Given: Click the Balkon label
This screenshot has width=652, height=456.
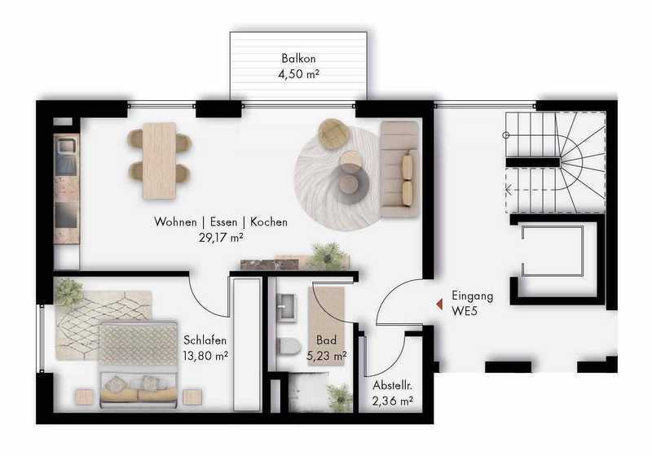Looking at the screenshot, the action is (298, 58).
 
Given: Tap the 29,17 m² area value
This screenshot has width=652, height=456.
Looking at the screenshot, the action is (221, 238).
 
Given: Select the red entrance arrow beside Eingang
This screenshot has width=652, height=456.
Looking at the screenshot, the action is (439, 305).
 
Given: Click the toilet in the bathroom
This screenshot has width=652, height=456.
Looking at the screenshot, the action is (289, 346).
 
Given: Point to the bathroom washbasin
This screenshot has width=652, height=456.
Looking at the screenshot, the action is (287, 307).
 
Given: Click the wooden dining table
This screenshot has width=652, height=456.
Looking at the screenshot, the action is (159, 160).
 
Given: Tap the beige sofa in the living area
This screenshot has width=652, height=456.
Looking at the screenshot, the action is (399, 169).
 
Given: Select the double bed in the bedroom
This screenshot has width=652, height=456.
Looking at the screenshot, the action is (139, 363).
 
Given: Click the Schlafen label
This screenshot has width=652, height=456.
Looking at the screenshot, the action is (205, 340).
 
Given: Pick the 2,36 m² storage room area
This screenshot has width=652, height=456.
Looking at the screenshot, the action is (393, 401).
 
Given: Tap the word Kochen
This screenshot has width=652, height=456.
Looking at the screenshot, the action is (269, 221).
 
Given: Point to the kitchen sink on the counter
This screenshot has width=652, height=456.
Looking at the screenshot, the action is (66, 147).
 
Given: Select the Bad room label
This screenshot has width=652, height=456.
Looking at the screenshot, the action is (326, 340).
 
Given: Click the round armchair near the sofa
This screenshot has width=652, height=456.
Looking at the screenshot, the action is (333, 134).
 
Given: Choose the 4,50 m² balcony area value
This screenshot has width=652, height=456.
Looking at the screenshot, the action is (298, 74).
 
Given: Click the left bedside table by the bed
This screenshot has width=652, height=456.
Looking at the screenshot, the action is (85, 397).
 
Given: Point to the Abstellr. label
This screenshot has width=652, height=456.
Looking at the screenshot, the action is (392, 385).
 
